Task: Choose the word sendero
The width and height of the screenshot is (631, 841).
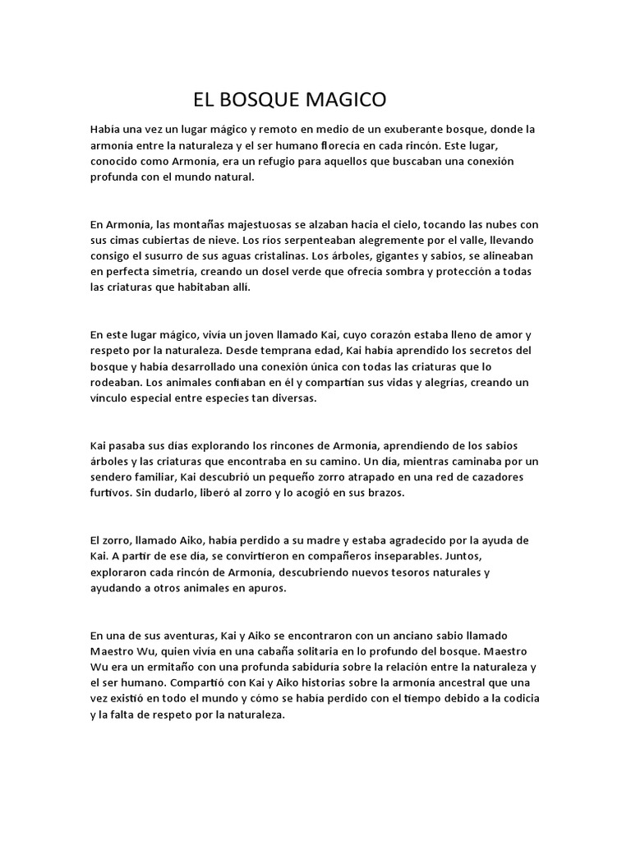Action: [113, 477]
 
